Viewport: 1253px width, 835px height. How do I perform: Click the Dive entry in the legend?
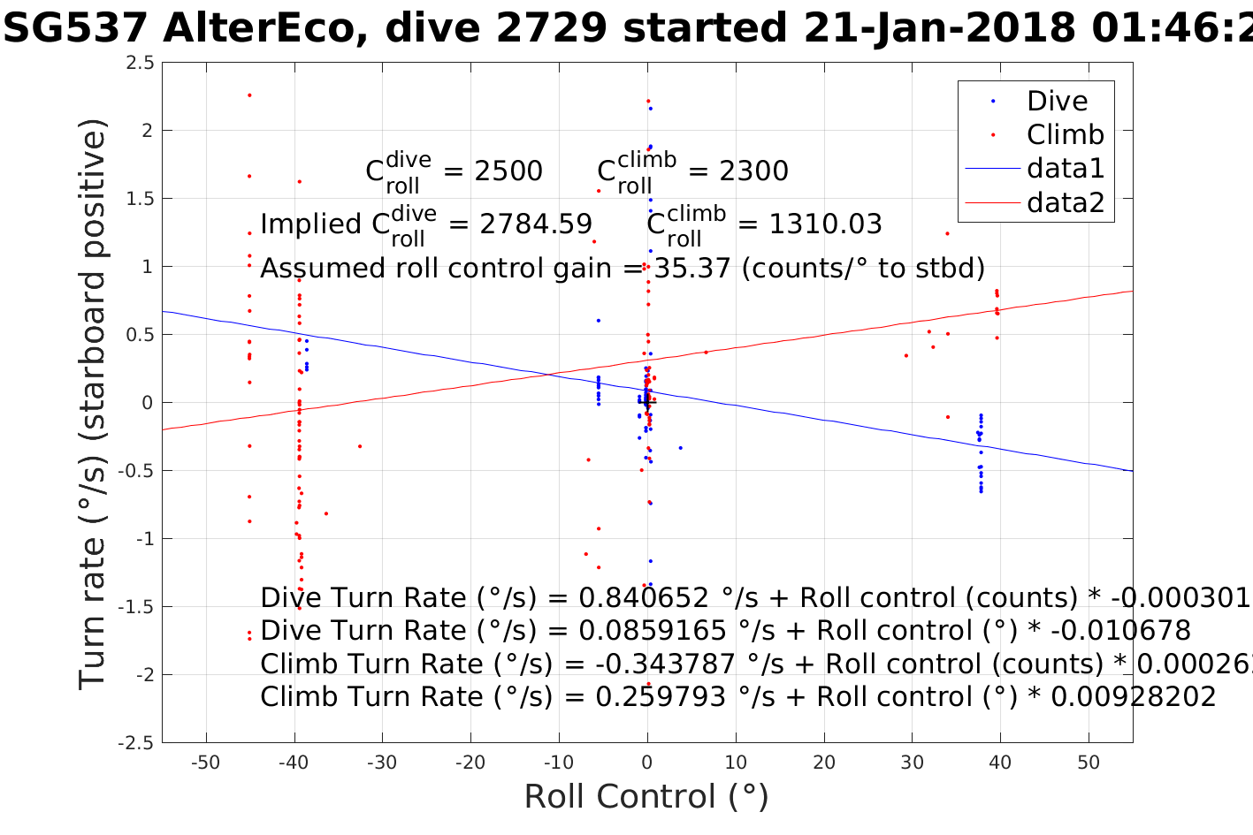pyautogui.click(x=1056, y=102)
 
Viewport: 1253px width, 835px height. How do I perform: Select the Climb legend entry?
pyautogui.click(x=1065, y=135)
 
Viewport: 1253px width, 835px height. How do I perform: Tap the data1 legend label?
pyautogui.click(x=1065, y=169)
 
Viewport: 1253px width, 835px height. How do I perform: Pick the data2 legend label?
pyautogui.click(x=1065, y=202)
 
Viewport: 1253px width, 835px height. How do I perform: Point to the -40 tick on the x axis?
pyautogui.click(x=294, y=763)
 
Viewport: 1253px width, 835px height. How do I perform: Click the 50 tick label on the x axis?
pyautogui.click(x=1089, y=763)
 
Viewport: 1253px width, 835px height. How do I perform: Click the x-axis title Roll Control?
pyautogui.click(x=646, y=797)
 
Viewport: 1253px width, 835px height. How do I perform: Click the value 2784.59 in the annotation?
pyautogui.click(x=536, y=224)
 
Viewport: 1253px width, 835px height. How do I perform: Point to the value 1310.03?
pyautogui.click(x=825, y=224)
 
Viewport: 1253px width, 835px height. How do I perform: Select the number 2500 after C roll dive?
pyautogui.click(x=508, y=171)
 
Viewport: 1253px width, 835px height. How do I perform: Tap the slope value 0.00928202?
pyautogui.click(x=1132, y=697)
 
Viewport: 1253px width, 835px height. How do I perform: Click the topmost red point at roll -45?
pyautogui.click(x=249, y=95)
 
